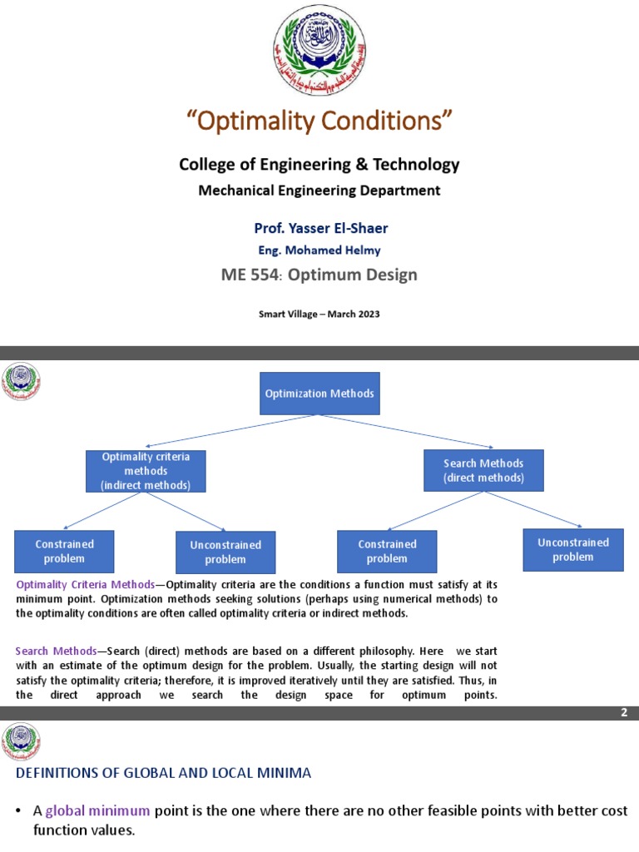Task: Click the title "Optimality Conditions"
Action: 319,121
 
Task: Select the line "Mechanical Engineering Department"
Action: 319,191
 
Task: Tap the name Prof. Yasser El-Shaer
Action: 319,227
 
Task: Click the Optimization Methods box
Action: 319,394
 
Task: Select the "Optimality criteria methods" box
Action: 146,471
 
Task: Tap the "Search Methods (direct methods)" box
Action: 483,470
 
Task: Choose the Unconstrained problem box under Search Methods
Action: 573,550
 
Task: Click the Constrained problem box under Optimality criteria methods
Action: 64,551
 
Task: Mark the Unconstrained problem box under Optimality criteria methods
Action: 225,552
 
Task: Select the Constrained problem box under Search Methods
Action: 387,551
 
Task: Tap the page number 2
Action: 624,713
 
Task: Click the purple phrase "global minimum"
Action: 97,811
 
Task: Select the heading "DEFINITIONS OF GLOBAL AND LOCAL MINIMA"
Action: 164,773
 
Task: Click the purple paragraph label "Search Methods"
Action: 56,650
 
